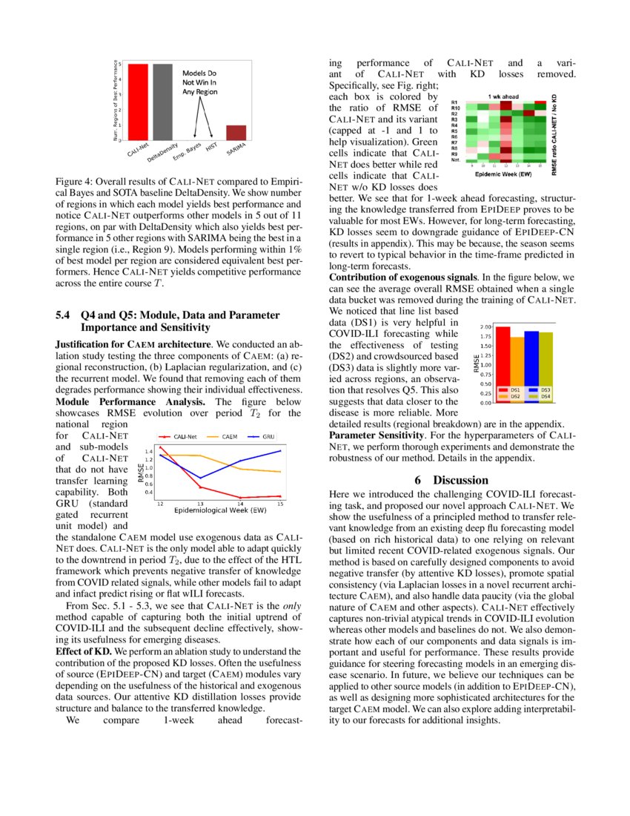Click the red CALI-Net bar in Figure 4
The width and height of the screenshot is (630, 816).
pos(139,102)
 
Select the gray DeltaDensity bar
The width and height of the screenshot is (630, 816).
pos(162,102)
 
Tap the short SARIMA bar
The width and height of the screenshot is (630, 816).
pos(236,132)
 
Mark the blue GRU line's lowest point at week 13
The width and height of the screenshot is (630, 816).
pos(200,478)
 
